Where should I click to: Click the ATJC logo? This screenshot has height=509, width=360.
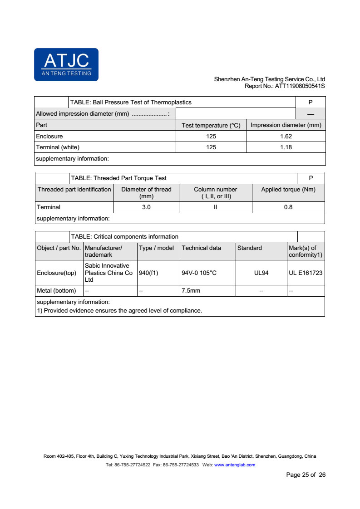click(x=66, y=64)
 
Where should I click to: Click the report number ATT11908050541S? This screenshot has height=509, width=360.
click(x=285, y=86)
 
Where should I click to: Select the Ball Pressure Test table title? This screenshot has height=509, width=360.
click(x=131, y=103)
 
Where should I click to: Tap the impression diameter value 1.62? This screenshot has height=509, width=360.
click(x=286, y=136)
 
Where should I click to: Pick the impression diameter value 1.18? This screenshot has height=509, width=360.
click(x=286, y=147)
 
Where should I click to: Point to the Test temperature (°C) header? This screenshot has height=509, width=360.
click(x=211, y=125)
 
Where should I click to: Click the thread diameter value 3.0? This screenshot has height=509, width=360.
click(x=146, y=207)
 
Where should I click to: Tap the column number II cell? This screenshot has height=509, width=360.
click(x=216, y=207)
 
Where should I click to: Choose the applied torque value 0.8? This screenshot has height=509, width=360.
click(x=288, y=207)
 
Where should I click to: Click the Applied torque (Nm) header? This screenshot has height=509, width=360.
click(x=288, y=189)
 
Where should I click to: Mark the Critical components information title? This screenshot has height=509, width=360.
click(x=124, y=236)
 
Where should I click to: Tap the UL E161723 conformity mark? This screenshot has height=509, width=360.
click(x=306, y=273)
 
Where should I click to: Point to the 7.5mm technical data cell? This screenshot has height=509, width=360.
click(x=191, y=290)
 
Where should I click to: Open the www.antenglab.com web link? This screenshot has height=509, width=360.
click(x=234, y=465)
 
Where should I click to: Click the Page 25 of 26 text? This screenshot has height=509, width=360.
click(x=306, y=475)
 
